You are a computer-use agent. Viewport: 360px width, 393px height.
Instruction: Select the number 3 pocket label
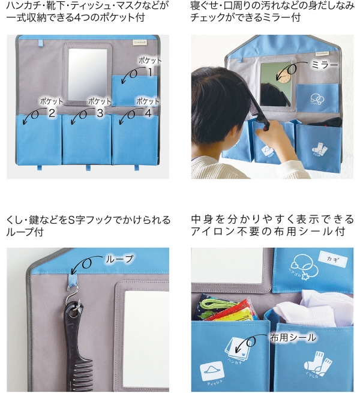pos(100,111)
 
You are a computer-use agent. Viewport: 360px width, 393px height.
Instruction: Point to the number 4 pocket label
pos(148,111)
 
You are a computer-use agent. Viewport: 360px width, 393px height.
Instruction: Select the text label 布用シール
pos(293,337)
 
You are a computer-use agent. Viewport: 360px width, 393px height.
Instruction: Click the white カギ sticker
pos(332,259)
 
